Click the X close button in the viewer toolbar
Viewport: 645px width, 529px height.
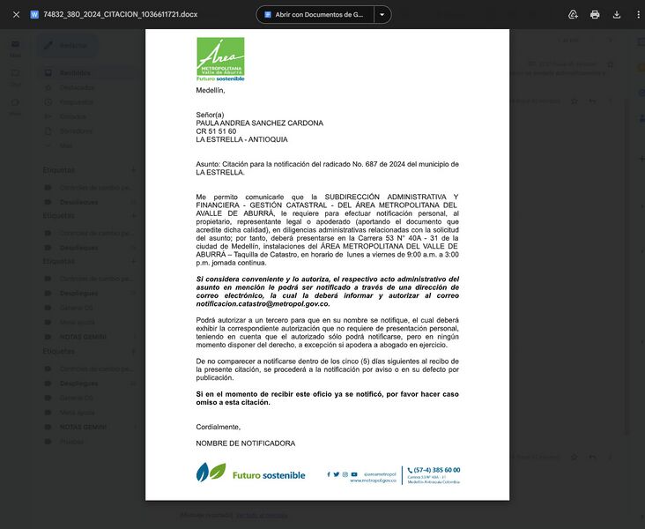16,15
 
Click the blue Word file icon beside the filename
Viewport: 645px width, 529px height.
34,15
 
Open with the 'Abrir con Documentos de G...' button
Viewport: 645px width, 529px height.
315,15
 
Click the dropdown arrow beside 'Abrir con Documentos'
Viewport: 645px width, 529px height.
382,15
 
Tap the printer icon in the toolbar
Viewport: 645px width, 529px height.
595,15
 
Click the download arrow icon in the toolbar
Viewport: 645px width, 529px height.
617,15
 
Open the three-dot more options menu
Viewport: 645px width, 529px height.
637,15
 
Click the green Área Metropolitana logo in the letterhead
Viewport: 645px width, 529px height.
220,58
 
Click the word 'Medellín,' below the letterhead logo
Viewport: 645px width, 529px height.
211,90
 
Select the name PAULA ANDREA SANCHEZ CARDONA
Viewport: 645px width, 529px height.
259,123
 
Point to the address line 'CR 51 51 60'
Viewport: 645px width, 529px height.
216,131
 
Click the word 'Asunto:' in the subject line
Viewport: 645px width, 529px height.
209,165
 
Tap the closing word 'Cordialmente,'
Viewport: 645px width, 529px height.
218,427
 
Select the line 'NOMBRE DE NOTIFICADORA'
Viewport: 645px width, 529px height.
246,443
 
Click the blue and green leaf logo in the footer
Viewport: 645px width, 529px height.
211,473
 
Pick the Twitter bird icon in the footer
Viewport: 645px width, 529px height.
336,474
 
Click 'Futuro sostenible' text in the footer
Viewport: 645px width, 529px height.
269,475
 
